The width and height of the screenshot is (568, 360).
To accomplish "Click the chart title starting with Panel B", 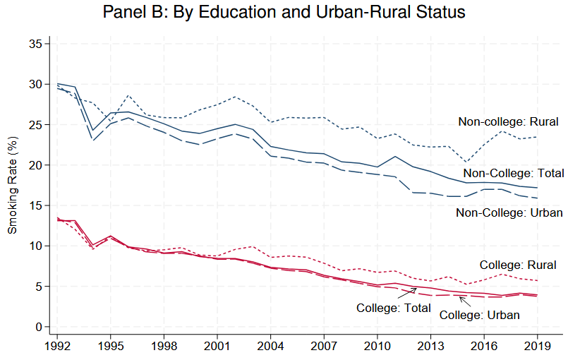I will click(284, 13).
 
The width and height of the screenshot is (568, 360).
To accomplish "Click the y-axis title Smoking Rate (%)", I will click(12, 185).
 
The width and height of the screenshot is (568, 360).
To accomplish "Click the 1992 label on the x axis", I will click(58, 347).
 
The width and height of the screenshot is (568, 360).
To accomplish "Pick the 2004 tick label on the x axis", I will click(270, 347).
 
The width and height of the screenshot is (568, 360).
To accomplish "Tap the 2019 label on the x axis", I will click(536, 347).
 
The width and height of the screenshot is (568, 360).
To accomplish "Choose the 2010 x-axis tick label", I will click(377, 347).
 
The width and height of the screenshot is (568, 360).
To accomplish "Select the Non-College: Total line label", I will click(514, 173).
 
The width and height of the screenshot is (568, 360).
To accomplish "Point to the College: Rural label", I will click(518, 265).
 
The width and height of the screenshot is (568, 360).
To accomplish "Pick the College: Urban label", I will click(479, 315).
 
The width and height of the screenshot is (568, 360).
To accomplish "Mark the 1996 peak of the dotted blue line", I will click(128, 95).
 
